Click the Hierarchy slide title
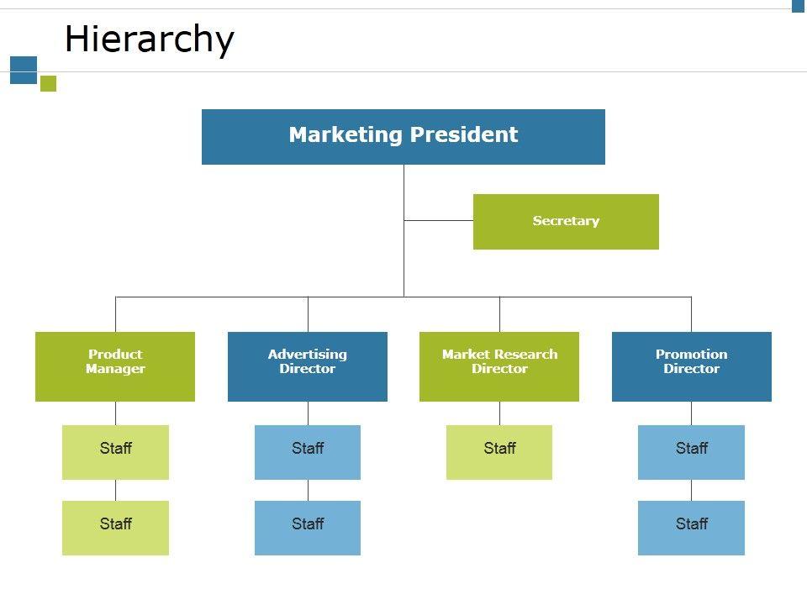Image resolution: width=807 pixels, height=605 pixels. click(149, 39)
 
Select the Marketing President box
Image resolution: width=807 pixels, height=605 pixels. click(403, 136)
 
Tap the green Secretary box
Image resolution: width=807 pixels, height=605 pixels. click(566, 222)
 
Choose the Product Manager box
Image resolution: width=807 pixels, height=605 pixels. click(115, 366)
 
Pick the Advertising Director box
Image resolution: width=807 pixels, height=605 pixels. click(308, 366)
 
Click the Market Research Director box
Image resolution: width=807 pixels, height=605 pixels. click(499, 366)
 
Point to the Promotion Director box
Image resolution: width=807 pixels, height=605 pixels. click(691, 366)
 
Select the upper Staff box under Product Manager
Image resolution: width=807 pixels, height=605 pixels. click(115, 452)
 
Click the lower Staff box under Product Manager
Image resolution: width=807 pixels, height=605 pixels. click(115, 528)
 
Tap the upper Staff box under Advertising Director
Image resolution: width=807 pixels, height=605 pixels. click(308, 452)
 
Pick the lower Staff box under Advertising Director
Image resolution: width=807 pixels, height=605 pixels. click(308, 528)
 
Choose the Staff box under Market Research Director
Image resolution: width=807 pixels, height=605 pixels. click(499, 452)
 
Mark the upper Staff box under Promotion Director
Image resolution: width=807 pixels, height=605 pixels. click(691, 452)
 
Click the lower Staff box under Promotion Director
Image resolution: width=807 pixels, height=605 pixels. click(691, 528)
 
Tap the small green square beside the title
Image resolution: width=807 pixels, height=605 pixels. click(48, 83)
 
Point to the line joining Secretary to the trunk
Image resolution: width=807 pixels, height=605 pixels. click(438, 220)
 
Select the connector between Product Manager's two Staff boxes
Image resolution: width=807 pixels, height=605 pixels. click(115, 490)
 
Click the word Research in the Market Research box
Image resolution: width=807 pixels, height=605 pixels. click(524, 355)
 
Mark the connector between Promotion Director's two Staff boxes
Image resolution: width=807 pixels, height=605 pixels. click(691, 490)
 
